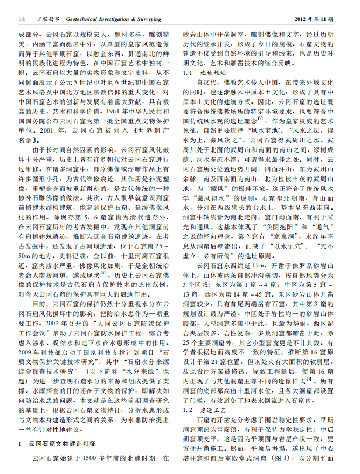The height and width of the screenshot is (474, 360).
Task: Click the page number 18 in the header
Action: pos(21,20)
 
